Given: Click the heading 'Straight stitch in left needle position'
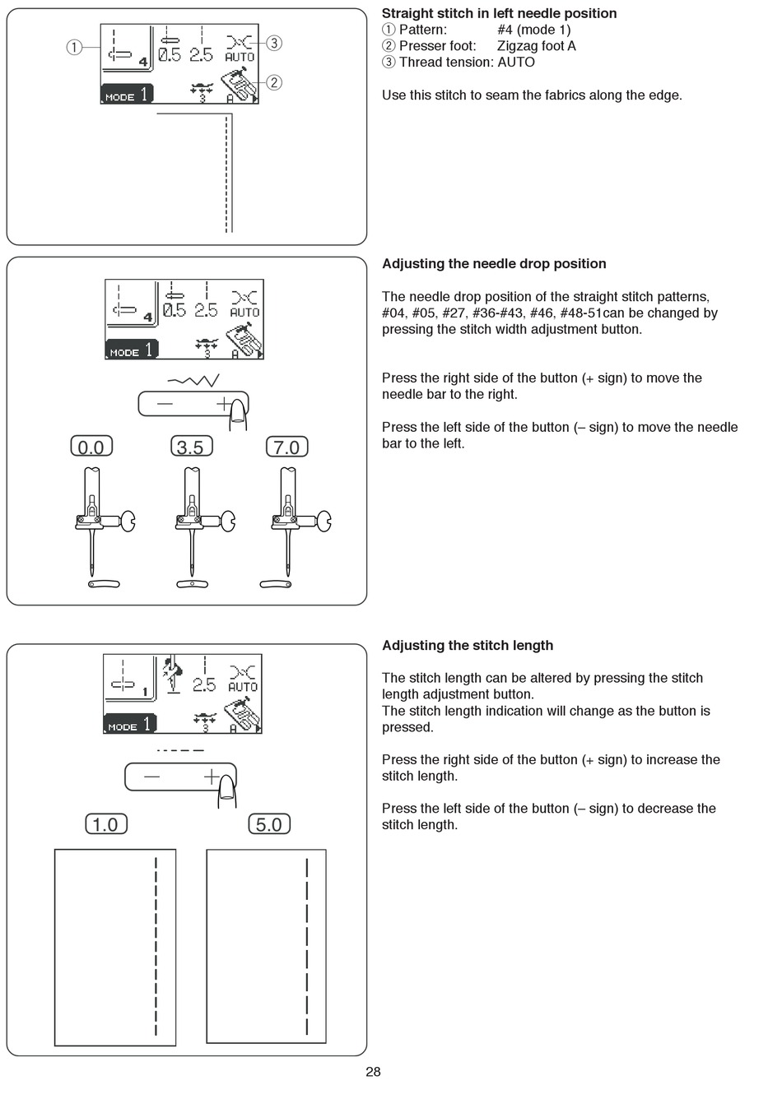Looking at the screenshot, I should point(499,13).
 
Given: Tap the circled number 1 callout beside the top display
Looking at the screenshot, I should point(74,47).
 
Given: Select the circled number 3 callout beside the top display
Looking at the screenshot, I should point(274,43).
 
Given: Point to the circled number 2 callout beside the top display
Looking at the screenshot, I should point(274,82).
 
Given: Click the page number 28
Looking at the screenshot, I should point(373,1071).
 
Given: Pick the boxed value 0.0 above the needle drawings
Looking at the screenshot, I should point(91,447).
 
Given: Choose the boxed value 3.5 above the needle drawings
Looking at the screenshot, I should point(190,447).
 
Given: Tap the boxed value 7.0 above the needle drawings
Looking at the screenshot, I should point(286,447).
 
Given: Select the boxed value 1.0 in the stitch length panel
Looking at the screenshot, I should point(106,824).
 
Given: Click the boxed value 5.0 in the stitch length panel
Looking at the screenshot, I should point(269,824).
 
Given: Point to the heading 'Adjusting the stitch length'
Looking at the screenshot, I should point(468,646).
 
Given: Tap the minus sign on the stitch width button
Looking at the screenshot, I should point(165,404).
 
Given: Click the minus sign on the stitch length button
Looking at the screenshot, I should point(152,777).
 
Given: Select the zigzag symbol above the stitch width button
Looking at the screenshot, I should point(193,381).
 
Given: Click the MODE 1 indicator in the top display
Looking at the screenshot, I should point(127,95).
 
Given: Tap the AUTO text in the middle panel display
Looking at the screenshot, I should point(244,313).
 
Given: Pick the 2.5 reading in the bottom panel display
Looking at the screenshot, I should point(204,684).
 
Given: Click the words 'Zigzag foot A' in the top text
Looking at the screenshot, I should point(537,46).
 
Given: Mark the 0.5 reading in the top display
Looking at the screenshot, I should point(170,55).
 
